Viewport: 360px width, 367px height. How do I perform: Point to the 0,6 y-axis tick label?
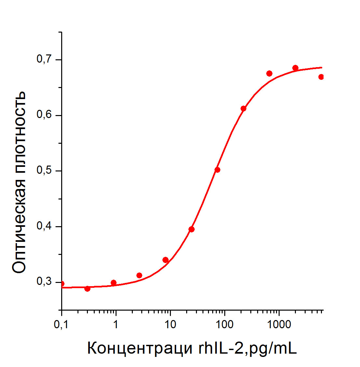[44, 115]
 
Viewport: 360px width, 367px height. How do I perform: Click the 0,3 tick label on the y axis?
[44, 281]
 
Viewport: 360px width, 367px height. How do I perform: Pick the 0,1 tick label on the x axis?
[61, 325]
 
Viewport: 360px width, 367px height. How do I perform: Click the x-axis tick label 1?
[116, 325]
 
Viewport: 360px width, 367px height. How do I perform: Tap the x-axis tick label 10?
[170, 325]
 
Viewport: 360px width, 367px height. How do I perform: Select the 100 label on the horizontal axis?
[224, 325]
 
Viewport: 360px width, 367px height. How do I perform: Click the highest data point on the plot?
[295, 68]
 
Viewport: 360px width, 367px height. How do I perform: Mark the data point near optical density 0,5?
[217, 170]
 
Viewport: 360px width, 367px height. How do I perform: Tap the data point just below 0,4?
[191, 229]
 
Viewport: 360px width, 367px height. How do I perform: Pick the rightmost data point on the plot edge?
[321, 77]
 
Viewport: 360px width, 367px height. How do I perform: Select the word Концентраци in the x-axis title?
[140, 348]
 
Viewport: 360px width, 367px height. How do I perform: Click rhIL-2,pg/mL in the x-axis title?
[248, 348]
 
